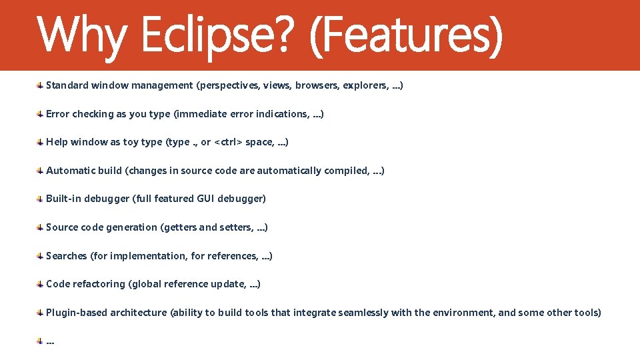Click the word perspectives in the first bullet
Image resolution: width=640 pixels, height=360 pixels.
click(x=228, y=85)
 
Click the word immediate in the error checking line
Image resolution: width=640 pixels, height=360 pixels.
click(x=202, y=114)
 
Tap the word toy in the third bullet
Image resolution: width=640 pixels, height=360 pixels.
click(x=131, y=142)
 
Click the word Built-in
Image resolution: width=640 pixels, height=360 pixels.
click(x=63, y=199)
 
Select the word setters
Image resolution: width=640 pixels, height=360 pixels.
click(x=235, y=227)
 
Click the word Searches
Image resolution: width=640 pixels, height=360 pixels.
click(x=67, y=256)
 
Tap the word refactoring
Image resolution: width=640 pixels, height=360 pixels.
click(x=99, y=284)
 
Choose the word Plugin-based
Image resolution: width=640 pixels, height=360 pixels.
click(x=77, y=313)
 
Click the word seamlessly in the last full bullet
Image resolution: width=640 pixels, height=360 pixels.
click(x=363, y=313)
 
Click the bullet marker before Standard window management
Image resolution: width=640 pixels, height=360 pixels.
click(x=40, y=85)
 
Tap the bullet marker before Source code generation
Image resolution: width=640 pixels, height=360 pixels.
click(x=40, y=227)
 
